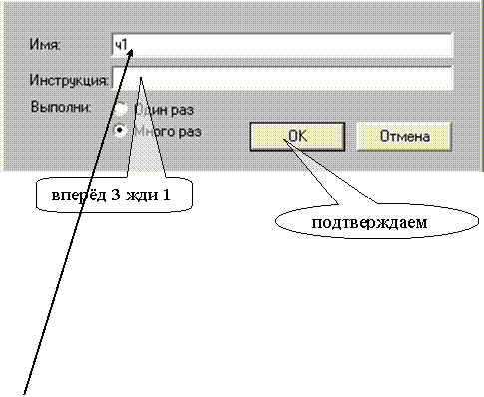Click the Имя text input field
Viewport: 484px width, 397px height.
click(x=282, y=45)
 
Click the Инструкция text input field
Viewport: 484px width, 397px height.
click(x=282, y=79)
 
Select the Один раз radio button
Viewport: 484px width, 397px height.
click(x=120, y=109)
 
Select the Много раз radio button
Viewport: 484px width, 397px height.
click(x=120, y=131)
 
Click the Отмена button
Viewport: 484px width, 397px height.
click(x=404, y=137)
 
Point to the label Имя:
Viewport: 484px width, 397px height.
click(x=45, y=44)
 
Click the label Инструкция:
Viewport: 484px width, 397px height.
click(x=69, y=80)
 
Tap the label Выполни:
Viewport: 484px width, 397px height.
click(x=61, y=107)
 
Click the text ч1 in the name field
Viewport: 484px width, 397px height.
click(x=121, y=45)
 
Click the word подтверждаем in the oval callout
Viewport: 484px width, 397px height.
click(x=369, y=222)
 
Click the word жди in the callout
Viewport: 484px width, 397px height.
click(x=142, y=196)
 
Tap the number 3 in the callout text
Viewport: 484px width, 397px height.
click(x=116, y=195)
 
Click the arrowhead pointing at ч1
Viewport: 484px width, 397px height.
click(x=130, y=53)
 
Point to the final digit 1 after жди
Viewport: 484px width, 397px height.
click(x=166, y=195)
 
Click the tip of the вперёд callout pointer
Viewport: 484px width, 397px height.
click(x=141, y=77)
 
